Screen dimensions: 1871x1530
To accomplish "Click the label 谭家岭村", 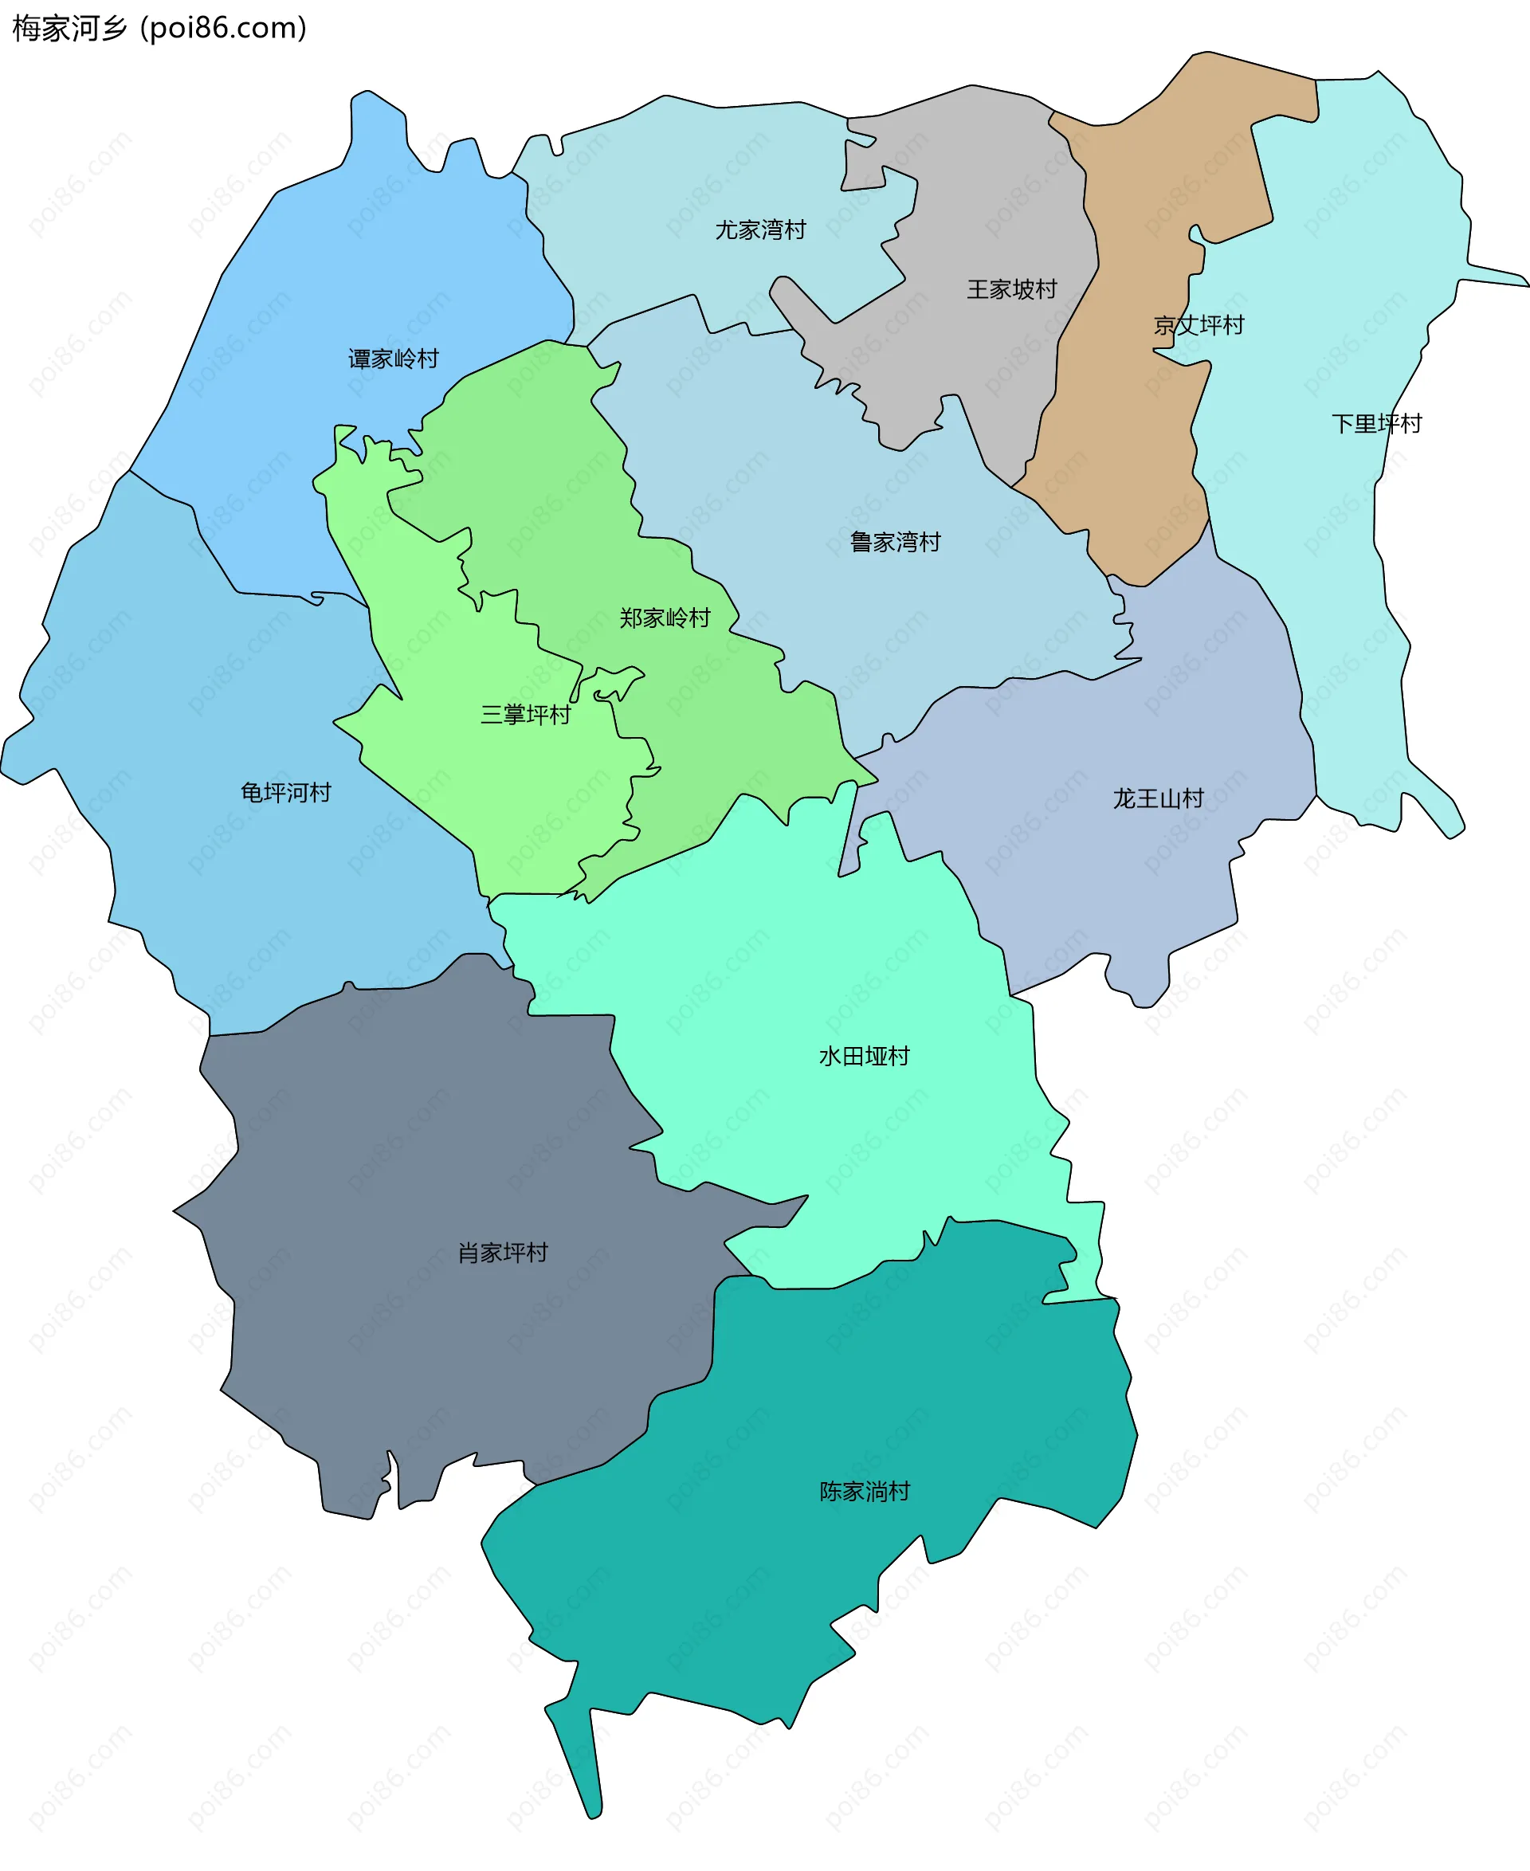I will pos(393,359).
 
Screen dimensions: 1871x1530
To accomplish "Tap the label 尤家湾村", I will pos(759,230).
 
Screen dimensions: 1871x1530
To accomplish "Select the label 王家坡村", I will pos(1011,289).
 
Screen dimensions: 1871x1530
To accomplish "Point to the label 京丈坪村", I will pos(1198,325).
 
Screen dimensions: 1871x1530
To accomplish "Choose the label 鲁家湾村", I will pos(895,542).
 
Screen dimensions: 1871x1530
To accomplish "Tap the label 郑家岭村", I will pos(665,618).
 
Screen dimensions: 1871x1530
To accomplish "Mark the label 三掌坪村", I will pos(525,714).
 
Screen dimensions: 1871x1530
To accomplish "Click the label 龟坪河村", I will pos(285,792).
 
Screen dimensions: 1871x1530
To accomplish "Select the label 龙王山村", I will pos(1157,798).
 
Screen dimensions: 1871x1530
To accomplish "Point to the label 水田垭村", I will pos(864,1056).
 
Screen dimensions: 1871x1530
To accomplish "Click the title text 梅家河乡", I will pos(70,28).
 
